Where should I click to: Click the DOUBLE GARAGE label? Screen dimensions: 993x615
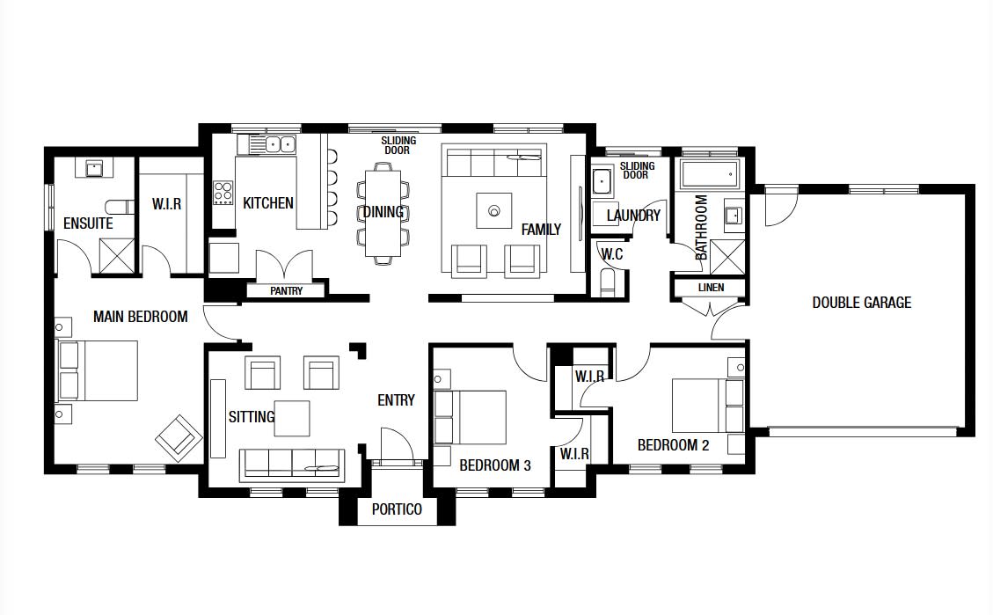click(861, 303)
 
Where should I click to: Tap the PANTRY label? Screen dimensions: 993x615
click(286, 290)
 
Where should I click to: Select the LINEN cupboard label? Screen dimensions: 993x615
click(711, 288)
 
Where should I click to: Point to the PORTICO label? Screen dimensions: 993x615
click(397, 509)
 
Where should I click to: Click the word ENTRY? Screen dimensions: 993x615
click(396, 400)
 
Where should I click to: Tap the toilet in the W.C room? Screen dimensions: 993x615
click(608, 282)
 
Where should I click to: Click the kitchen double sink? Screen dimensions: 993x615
click(281, 144)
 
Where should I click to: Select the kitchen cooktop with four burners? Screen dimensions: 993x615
click(223, 193)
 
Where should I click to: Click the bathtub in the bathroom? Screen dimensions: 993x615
click(709, 173)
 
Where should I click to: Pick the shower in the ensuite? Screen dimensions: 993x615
click(117, 256)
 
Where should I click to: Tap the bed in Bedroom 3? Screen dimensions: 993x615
click(471, 417)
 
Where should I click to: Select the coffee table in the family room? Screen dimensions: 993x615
click(494, 210)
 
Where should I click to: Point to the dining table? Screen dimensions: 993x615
click(383, 213)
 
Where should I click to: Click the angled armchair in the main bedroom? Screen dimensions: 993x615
click(179, 435)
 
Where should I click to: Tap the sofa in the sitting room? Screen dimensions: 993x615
click(292, 465)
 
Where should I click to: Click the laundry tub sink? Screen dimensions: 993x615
click(602, 182)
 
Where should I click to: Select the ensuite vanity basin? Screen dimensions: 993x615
click(94, 168)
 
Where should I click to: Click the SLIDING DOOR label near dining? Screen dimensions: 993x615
click(398, 145)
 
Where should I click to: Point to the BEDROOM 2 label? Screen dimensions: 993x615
click(673, 445)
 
